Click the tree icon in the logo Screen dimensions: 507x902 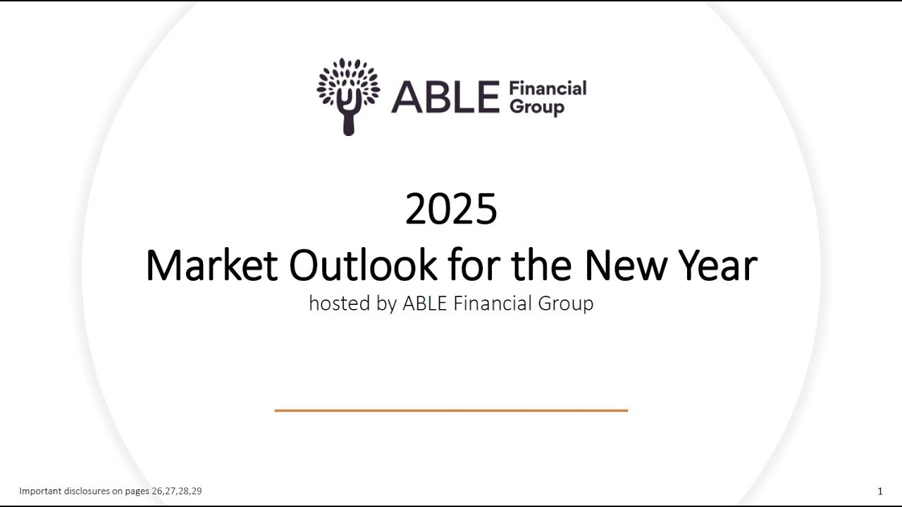click(348, 95)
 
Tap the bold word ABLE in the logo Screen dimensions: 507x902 click(445, 97)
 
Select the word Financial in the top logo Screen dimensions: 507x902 click(548, 88)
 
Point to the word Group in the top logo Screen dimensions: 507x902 click(537, 107)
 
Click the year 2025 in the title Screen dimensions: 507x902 click(451, 210)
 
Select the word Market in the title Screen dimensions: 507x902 click(211, 265)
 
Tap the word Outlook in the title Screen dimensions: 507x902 click(363, 265)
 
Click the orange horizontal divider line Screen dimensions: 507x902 click(451, 410)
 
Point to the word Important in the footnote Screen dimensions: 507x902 click(39, 491)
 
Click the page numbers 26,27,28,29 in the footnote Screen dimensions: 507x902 click(176, 491)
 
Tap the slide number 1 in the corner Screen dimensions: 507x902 click(880, 492)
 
